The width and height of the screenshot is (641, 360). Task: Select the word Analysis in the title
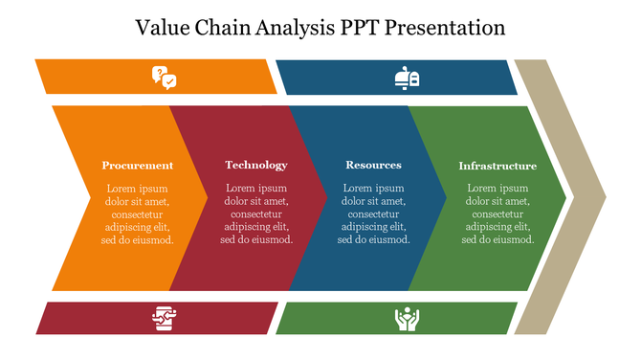coord(298,28)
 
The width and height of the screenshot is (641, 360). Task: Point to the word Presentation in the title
coord(448,28)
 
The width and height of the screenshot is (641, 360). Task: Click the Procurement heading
coord(138,165)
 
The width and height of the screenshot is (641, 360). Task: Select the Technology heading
coord(256,165)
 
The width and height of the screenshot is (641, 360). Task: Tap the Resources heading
coord(373,165)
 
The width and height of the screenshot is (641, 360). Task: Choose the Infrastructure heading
coord(497,166)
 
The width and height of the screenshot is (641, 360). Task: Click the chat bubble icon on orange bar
coord(164,77)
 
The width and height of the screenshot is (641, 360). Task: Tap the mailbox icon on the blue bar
coord(407,78)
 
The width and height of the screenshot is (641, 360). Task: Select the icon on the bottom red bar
coord(164,319)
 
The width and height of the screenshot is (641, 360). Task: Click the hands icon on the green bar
coord(407,319)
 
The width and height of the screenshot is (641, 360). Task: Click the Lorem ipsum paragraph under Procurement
coord(138,214)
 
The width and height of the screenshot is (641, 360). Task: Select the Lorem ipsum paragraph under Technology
coord(256,214)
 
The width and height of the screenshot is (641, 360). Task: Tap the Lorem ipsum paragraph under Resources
coord(373,214)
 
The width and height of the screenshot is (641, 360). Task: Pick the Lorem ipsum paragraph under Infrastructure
coord(497,214)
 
